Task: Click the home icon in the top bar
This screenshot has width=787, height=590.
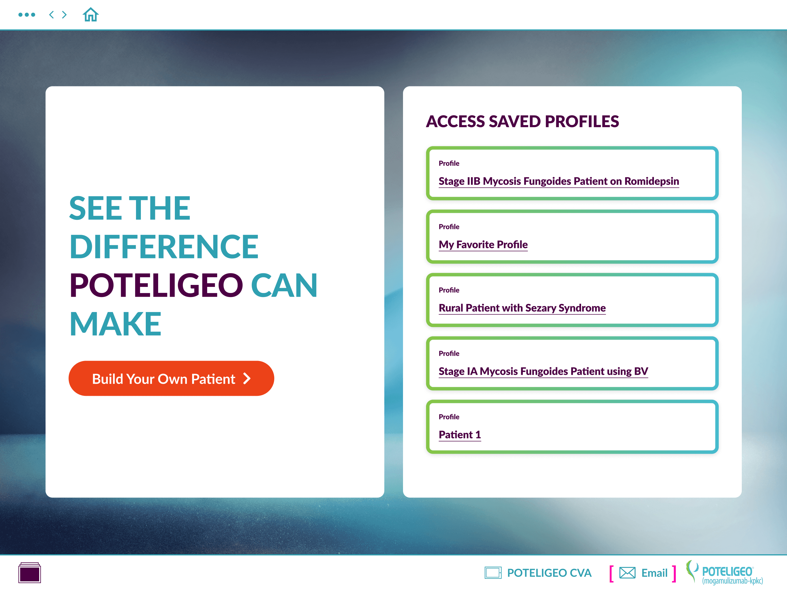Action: click(x=91, y=15)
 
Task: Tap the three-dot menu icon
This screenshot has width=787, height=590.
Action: click(x=27, y=15)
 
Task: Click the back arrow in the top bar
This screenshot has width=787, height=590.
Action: click(x=52, y=15)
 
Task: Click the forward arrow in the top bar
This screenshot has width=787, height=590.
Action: click(x=65, y=15)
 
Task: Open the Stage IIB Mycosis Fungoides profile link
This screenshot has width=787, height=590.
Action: click(x=559, y=181)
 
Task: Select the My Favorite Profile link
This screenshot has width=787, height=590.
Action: click(x=483, y=245)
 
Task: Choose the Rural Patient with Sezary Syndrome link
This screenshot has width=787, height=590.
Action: click(x=522, y=308)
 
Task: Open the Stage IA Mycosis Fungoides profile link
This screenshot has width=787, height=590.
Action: click(x=543, y=371)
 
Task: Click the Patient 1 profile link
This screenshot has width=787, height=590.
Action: click(x=460, y=434)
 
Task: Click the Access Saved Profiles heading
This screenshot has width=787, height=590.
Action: click(x=522, y=121)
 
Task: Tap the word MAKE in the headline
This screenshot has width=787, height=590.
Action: click(x=116, y=324)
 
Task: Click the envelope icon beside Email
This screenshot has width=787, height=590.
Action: click(x=627, y=573)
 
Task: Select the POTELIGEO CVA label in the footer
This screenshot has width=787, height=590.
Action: click(x=549, y=573)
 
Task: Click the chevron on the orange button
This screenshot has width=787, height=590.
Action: click(x=247, y=379)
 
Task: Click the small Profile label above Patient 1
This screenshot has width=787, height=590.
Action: click(x=449, y=417)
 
